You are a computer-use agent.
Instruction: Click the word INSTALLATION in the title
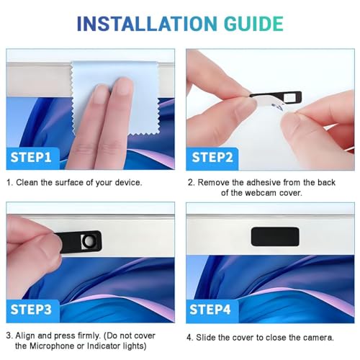pyautogui.click(x=147, y=24)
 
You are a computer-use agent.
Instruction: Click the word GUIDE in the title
pyautogui.click(x=253, y=24)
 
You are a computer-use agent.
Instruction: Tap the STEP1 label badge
pyautogui.click(x=32, y=158)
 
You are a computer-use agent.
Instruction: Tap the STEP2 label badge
pyautogui.click(x=212, y=158)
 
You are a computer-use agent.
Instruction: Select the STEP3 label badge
pyautogui.click(x=32, y=311)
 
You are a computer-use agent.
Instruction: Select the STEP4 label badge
pyautogui.click(x=212, y=311)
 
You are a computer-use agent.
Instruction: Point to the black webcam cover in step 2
pyautogui.click(x=276, y=96)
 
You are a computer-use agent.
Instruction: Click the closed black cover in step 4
pyautogui.click(x=275, y=236)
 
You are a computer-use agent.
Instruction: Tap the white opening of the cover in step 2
pyautogui.click(x=289, y=97)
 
